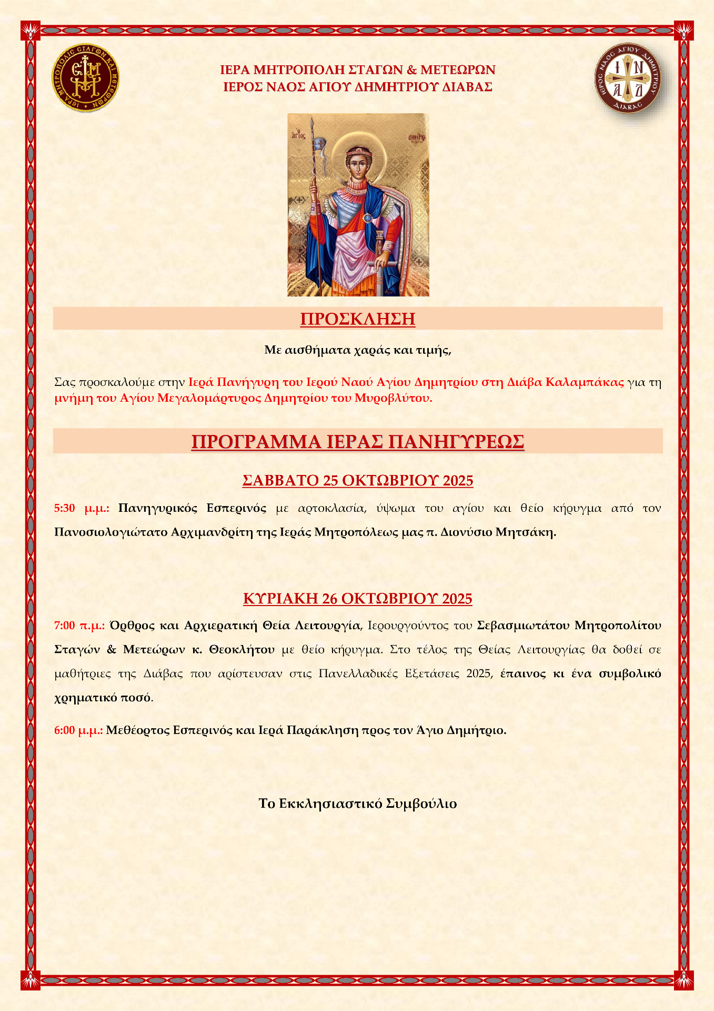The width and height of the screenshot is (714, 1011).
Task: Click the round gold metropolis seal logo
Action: click(x=85, y=78)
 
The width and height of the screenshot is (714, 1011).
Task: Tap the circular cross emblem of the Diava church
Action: click(x=627, y=78)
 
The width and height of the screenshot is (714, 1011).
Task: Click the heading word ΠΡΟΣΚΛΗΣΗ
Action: click(x=357, y=319)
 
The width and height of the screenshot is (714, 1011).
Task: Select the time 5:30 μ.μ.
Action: click(x=82, y=508)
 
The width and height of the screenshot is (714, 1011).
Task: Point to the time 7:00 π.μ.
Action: click(x=79, y=626)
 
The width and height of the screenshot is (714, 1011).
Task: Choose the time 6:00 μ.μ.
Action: click(x=78, y=730)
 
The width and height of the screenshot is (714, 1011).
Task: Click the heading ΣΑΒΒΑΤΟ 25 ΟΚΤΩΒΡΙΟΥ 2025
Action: click(x=357, y=480)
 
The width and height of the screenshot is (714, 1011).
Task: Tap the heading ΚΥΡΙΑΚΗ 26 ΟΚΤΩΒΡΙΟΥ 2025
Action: click(x=357, y=599)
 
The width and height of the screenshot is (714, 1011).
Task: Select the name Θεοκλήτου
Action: click(x=242, y=649)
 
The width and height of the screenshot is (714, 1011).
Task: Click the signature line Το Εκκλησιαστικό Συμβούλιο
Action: click(x=357, y=804)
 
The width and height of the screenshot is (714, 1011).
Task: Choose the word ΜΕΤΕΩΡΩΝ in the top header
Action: click(x=458, y=70)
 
